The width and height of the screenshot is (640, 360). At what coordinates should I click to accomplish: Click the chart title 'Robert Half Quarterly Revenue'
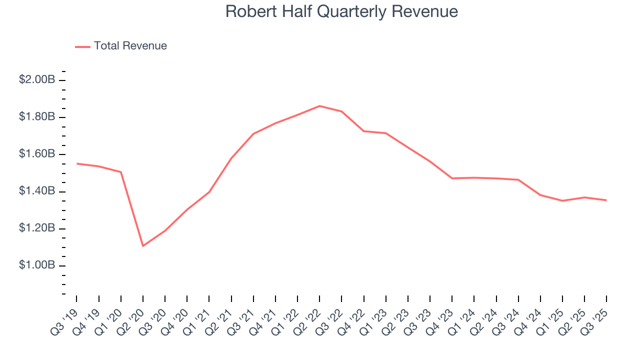[x=341, y=11]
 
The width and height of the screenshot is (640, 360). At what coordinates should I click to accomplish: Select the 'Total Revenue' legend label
[x=130, y=46]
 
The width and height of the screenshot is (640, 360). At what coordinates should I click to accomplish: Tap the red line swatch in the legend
[x=82, y=46]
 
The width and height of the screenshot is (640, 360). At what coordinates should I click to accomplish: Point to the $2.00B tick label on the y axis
[x=37, y=80]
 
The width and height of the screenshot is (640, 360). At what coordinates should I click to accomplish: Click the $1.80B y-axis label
[x=37, y=117]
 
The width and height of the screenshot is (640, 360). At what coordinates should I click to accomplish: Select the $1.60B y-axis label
[x=37, y=154]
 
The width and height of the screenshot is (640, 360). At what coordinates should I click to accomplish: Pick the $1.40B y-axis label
[x=37, y=191]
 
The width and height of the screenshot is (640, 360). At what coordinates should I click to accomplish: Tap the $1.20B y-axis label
[x=37, y=228]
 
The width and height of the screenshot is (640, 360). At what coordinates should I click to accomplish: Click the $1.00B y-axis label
[x=37, y=265]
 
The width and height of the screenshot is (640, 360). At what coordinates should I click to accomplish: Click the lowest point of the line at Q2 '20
[x=142, y=245]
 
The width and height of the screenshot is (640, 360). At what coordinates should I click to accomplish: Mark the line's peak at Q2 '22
[x=319, y=106]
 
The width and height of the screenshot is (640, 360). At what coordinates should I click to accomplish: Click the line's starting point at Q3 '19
[x=76, y=163]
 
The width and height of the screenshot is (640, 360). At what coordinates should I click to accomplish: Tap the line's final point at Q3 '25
[x=606, y=200]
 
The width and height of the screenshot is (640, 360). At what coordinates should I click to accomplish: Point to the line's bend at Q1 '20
[x=121, y=172]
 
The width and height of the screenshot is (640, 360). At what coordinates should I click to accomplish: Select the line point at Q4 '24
[x=540, y=195]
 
